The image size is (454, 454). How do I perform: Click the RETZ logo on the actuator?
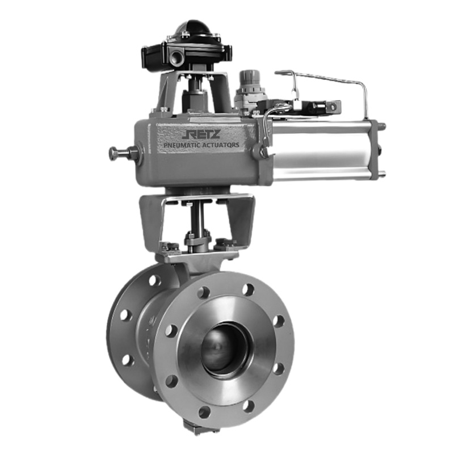pyautogui.click(x=202, y=134)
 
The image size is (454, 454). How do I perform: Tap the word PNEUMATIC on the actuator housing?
pyautogui.click(x=182, y=145)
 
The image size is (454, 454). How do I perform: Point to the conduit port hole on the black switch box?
pyautogui.click(x=177, y=57)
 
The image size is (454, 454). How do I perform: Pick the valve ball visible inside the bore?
pyautogui.click(x=224, y=347)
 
